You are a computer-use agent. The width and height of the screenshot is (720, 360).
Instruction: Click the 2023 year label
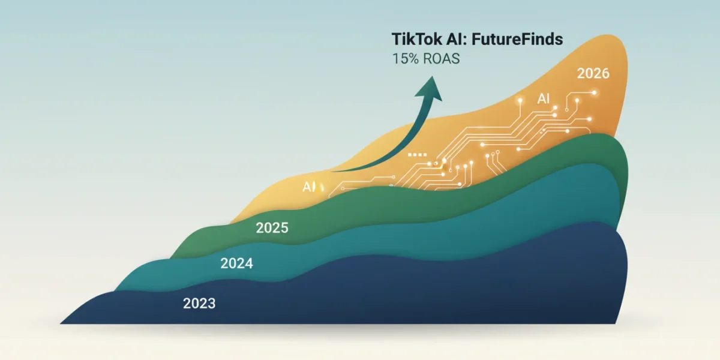[199, 304]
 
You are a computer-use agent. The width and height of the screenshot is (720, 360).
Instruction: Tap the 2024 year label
[236, 263]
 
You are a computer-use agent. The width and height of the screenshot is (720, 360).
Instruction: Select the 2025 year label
[272, 228]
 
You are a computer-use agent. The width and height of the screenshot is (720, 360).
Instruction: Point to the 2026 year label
[593, 73]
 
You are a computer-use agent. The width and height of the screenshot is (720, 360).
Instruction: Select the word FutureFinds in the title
[517, 39]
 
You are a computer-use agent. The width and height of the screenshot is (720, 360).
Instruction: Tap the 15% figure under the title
[406, 59]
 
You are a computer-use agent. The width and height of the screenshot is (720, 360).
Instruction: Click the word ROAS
[442, 59]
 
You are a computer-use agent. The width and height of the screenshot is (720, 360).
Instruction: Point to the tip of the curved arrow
[433, 76]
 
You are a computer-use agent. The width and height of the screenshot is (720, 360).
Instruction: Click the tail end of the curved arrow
[332, 172]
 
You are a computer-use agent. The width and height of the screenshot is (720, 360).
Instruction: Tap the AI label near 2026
[543, 98]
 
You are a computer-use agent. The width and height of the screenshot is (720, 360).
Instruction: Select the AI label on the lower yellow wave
[309, 187]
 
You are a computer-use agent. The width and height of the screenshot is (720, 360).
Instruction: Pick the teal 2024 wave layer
[418, 232]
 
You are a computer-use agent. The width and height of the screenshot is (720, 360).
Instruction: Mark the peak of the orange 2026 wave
[607, 35]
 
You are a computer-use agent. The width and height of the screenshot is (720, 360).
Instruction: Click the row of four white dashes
[417, 155]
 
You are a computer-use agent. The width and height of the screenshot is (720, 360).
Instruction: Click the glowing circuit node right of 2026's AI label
[555, 107]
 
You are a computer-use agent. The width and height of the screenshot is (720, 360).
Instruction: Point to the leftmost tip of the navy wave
[61, 323]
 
